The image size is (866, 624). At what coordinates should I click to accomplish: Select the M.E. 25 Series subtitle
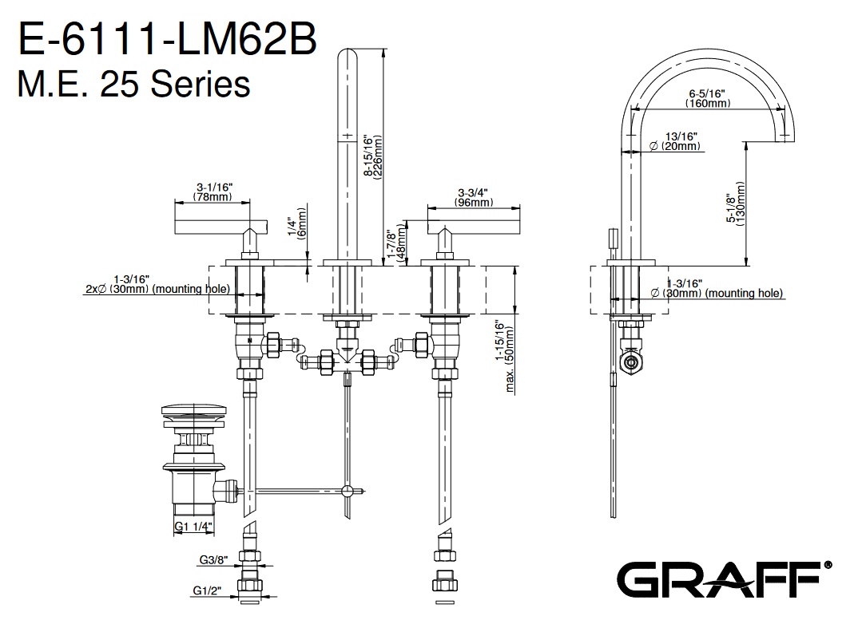click(133, 83)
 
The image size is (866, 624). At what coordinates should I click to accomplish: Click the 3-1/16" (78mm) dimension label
click(213, 192)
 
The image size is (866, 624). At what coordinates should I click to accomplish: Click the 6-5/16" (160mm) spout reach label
click(708, 98)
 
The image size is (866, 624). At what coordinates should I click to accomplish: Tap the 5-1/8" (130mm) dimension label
click(736, 204)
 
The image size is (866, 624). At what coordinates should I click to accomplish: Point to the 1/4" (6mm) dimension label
click(296, 224)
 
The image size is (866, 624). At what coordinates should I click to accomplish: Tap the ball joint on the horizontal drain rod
click(348, 491)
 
